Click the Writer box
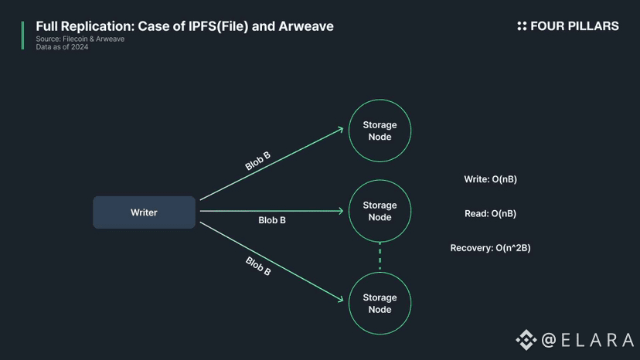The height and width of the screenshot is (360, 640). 144,212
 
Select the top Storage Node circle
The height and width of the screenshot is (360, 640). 380,131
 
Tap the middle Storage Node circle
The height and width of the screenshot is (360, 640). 380,211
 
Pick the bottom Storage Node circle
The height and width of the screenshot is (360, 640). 380,303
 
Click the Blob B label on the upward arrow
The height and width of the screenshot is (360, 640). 257,161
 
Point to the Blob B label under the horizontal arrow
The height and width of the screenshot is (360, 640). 272,220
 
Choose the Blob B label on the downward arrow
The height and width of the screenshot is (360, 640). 258,266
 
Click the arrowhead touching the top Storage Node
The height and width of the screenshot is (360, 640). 339,130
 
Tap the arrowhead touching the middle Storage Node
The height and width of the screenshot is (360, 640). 340,210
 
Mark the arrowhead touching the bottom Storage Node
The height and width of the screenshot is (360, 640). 339,300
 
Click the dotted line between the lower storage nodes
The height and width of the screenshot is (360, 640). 380,256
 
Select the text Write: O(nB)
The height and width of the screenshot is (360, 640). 490,179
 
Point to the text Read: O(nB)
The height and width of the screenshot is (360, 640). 490,213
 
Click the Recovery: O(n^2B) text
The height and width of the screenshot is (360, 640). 490,248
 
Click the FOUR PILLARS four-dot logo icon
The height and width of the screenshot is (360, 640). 522,26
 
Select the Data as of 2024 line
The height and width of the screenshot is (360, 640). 62,46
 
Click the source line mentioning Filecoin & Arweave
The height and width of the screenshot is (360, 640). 80,39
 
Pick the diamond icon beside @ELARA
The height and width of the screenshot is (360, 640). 526,339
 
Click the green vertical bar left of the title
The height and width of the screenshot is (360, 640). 22,36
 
